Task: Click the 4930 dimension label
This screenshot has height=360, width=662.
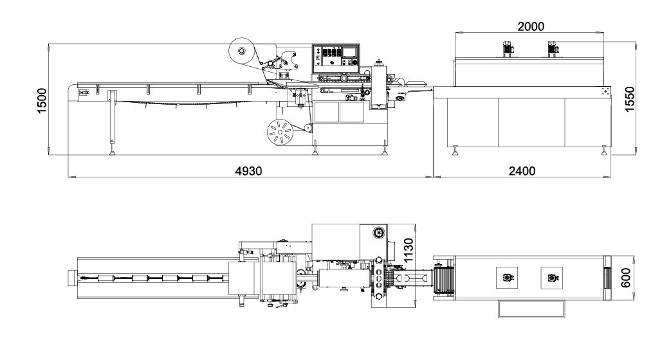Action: pos(249,170)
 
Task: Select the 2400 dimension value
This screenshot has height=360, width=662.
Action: pos(522,170)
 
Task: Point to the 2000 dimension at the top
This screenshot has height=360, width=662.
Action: pos(531,26)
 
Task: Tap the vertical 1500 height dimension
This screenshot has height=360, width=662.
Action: pos(42,100)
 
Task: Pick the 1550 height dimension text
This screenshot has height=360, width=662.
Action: pos(629,99)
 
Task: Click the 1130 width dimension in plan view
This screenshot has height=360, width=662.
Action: pos(409,250)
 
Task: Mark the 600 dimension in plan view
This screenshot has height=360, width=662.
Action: pos(626,278)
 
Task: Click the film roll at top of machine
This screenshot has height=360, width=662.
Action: pos(242,51)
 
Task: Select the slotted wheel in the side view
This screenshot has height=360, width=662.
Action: pos(280,132)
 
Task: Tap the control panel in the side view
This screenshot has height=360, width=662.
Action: pos(336,59)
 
